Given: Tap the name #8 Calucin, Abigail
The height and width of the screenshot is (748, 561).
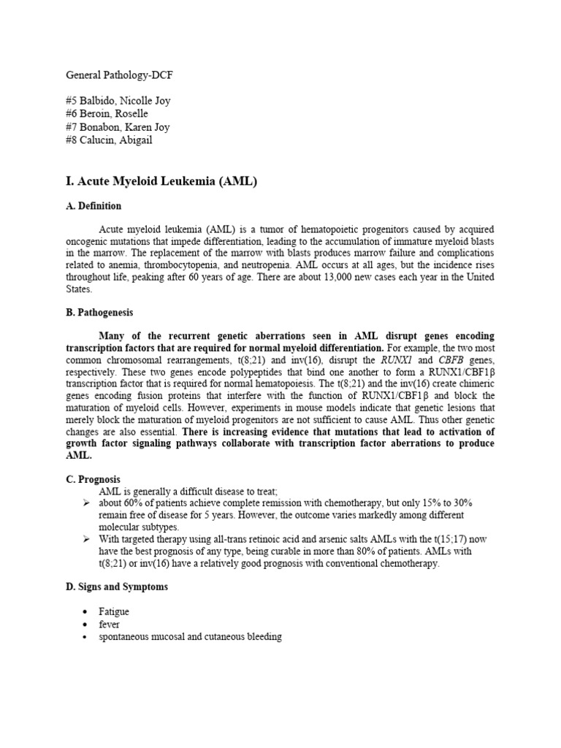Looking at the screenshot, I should tap(110, 140).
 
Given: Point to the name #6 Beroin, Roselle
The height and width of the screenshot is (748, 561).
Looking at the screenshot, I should tap(107, 114).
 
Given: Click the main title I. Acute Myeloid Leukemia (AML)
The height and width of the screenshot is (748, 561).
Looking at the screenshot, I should tap(162, 181).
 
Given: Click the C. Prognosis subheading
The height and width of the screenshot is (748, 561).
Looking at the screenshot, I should tap(93, 479).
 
